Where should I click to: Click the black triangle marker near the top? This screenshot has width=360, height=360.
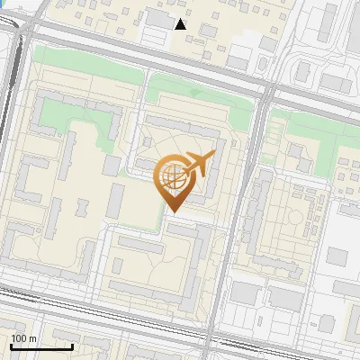tap(181, 23)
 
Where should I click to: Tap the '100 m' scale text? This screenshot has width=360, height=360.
tap(24, 337)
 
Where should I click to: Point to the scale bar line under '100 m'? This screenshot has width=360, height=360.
tap(41, 346)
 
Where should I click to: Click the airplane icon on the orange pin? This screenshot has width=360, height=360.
tap(199, 163)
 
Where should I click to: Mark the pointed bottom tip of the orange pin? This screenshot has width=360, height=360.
tap(172, 211)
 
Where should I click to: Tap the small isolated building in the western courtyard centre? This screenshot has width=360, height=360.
tap(112, 165)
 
